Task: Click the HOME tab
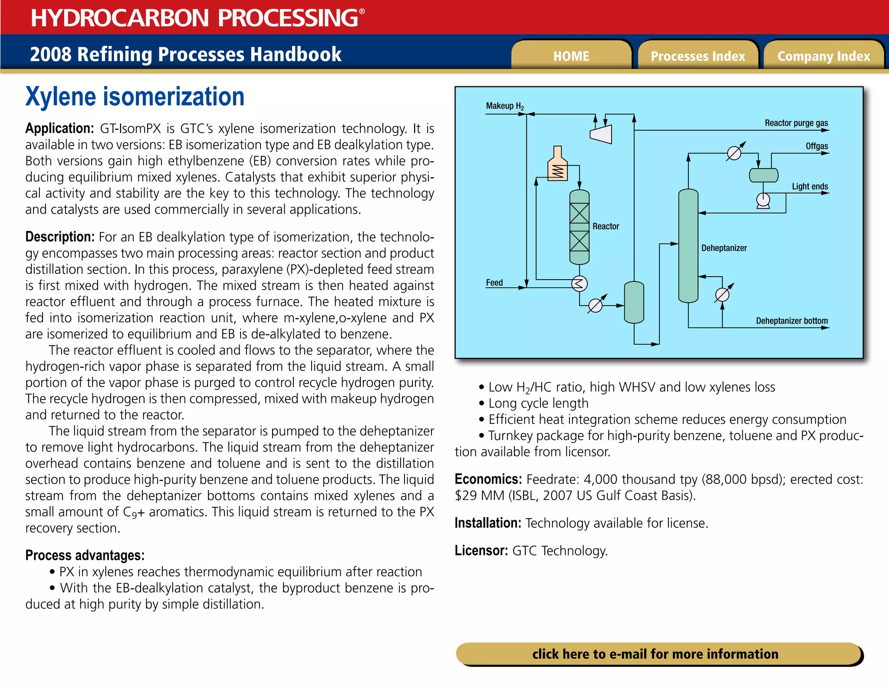point(571,56)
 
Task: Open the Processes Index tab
point(698,56)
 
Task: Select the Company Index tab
point(823,56)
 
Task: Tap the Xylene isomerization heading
point(135,96)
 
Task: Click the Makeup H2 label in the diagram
point(504,106)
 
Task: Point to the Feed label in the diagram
point(494,283)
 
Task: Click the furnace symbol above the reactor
point(558,165)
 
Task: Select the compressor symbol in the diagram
point(602,134)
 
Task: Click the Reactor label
point(606,226)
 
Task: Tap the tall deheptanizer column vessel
point(688,245)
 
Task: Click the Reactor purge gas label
point(796,123)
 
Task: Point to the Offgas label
point(817,146)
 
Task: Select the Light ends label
point(810,186)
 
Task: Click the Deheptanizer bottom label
point(792,320)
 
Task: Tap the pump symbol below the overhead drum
point(763,200)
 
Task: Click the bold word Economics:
point(488,479)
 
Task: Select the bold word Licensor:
point(481,551)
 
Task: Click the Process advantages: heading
point(85,555)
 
